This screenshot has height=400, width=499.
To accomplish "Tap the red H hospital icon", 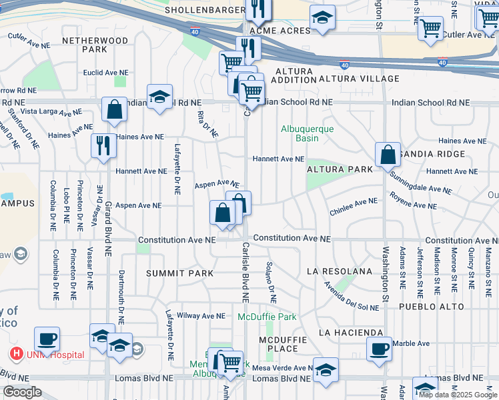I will pos(15,355).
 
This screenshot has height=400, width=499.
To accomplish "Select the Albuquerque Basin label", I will pos(307,133).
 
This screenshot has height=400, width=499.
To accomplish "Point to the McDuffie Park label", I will pos(267,317).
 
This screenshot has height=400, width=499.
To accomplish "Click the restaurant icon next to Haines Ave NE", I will pos(103,145).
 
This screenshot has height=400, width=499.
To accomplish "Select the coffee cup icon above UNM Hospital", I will pos(47,338).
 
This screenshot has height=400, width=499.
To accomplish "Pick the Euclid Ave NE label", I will pos(105,72).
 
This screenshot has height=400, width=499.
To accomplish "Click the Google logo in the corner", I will pos(22,392).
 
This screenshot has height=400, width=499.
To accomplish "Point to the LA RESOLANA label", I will pos(338,272).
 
